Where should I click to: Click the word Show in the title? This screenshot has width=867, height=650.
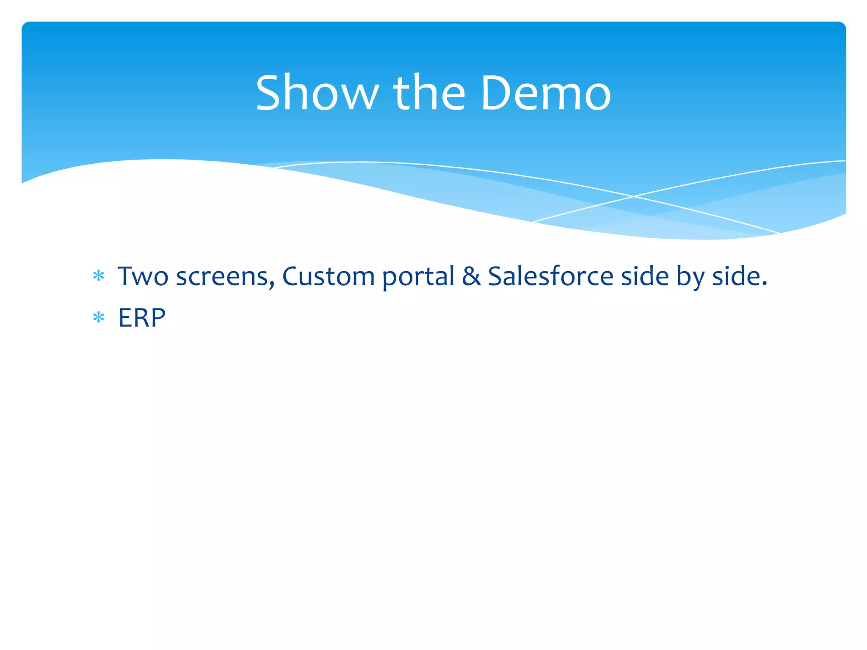click(317, 93)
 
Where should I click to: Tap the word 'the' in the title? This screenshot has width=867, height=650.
click(429, 93)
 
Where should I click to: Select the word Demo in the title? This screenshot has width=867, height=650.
click(546, 93)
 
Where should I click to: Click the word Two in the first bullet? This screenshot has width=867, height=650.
click(143, 276)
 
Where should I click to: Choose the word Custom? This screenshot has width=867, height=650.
click(328, 276)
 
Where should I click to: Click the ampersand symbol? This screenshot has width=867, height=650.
click(471, 276)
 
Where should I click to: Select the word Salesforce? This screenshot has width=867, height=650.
click(550, 276)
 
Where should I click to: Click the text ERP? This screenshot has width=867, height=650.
click(141, 318)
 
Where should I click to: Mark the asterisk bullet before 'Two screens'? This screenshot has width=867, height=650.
click(99, 276)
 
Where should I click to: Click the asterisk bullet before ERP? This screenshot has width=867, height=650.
click(99, 317)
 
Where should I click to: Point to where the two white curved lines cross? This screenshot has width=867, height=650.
click(633, 196)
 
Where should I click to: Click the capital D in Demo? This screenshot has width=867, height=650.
click(495, 93)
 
